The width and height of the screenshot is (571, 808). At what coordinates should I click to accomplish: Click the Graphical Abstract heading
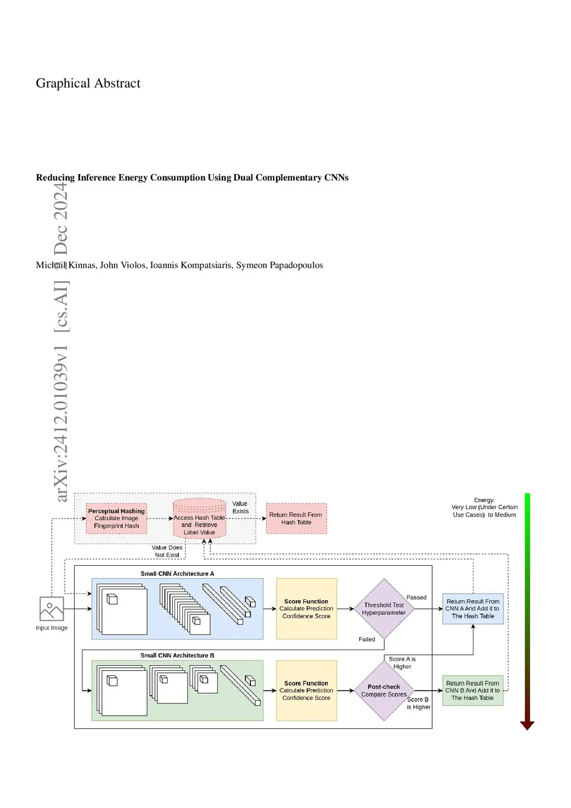click(88, 83)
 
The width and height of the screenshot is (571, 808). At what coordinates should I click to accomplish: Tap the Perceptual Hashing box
click(117, 518)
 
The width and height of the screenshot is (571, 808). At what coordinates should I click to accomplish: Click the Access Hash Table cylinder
click(199, 520)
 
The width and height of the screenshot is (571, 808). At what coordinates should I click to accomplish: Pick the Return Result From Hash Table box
click(296, 518)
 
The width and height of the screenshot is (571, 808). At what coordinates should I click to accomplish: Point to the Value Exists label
click(240, 507)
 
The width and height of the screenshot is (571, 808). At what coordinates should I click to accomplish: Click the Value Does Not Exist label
click(167, 551)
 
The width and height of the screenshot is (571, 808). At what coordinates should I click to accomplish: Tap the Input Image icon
click(52, 609)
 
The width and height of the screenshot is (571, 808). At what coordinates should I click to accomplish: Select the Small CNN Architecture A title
click(177, 574)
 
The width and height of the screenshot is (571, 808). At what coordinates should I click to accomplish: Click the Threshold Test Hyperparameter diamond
click(384, 609)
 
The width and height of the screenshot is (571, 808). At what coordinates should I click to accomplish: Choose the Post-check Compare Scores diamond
click(384, 691)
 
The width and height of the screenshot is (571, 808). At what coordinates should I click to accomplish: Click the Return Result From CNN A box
click(473, 609)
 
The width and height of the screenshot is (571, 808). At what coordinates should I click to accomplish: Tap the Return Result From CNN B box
click(472, 691)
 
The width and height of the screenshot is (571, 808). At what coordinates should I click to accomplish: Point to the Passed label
click(417, 598)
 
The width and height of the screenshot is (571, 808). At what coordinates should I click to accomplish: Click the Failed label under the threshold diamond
click(367, 639)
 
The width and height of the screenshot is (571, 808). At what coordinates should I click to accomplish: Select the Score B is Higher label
click(418, 703)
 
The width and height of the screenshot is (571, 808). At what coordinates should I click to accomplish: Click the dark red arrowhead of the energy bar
click(527, 725)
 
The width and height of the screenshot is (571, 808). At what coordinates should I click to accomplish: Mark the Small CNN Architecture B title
click(177, 656)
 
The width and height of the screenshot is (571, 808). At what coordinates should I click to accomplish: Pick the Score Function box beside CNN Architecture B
click(306, 691)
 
